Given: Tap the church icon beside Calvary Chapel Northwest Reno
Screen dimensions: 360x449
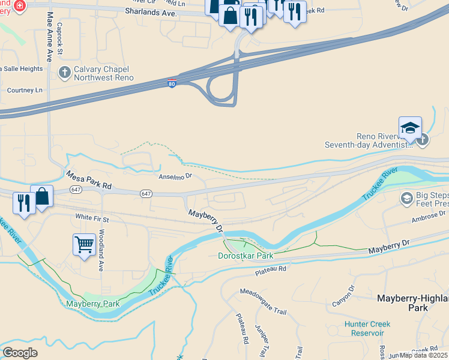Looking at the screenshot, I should point(64,73).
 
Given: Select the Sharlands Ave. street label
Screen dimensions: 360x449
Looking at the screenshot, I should point(151,12).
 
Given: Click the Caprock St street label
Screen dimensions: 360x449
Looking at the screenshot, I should point(59,38).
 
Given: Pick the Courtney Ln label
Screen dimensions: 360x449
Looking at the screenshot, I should point(25,90).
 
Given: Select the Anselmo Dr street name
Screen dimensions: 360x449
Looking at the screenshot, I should point(175,176).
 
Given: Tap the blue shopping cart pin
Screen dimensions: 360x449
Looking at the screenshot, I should point(85,244).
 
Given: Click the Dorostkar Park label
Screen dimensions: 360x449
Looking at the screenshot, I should point(245,256).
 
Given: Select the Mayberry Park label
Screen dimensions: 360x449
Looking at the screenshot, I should point(92,304).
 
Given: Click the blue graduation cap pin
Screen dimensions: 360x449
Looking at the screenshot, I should point(410,128).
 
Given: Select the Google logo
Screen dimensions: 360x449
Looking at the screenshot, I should point(20,353).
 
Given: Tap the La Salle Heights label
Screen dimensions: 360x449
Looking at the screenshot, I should point(22,69).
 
